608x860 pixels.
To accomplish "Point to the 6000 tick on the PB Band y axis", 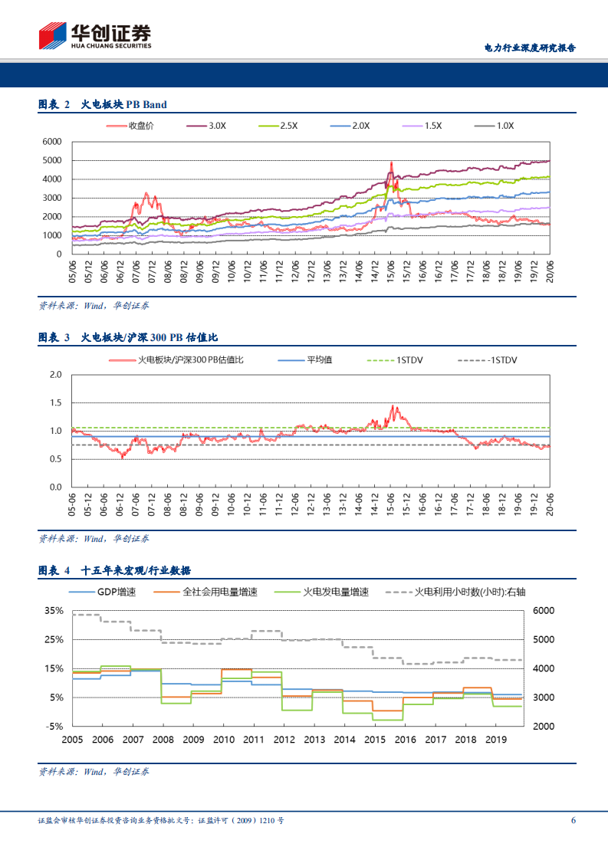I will point(51,142).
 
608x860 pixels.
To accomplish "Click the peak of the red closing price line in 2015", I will point(391,162).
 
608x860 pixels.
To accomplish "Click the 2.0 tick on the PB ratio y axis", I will point(54,375).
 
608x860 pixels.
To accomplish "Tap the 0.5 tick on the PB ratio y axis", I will point(54,459).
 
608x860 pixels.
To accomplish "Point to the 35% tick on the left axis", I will point(54,610).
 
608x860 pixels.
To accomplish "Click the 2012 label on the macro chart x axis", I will point(284,740).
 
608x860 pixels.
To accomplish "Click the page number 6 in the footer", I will point(573,820).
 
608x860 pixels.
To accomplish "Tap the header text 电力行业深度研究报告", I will point(530,48).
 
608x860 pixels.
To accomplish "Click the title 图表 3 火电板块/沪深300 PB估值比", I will point(130,337).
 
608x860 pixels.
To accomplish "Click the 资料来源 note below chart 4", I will point(94,771).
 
